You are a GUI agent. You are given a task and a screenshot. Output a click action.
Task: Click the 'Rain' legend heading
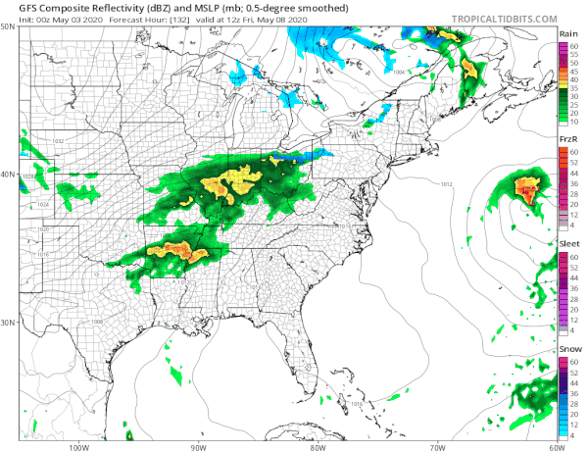click(567, 34)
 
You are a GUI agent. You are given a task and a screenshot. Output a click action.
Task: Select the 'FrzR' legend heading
click(566, 140)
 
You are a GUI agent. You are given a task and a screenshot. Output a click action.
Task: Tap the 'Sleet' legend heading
click(567, 245)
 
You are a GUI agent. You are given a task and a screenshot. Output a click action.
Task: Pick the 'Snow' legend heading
click(567, 350)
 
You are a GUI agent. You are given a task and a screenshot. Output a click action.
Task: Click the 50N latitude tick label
click(9, 27)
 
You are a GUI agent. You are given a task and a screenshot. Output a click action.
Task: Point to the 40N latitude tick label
click(9, 175)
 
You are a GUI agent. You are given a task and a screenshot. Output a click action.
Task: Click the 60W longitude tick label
click(557, 446)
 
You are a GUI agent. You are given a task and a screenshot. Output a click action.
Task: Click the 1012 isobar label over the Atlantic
click(446, 184)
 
